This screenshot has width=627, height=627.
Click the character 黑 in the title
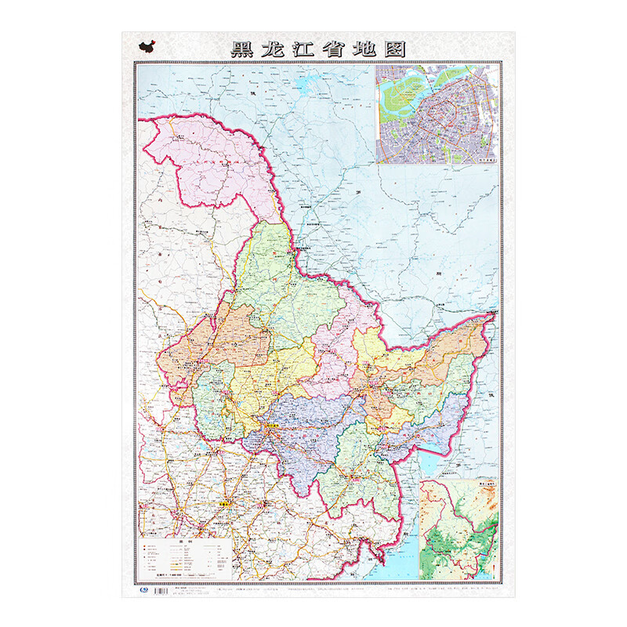tap(243, 49)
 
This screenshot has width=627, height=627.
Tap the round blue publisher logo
tap(142, 585)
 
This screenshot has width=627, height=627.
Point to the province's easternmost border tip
tap(491, 315)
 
